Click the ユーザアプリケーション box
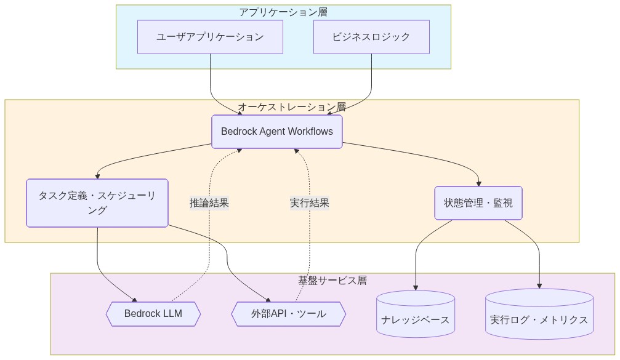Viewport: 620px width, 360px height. click(x=210, y=37)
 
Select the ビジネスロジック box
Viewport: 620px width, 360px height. click(x=371, y=37)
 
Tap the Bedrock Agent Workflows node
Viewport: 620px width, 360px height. click(x=277, y=132)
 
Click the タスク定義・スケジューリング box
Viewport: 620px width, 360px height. click(x=97, y=203)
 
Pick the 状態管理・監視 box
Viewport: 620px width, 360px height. click(x=478, y=203)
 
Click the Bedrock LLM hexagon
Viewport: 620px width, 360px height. click(x=153, y=314)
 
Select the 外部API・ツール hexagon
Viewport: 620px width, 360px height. click(x=288, y=314)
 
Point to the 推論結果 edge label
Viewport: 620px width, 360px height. click(x=209, y=202)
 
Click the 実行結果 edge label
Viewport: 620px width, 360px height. click(x=310, y=202)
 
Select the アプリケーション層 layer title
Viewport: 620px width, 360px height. click(x=283, y=12)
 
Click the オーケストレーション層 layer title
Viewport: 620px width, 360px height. click(x=292, y=106)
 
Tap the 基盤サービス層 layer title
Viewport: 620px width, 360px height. click(x=332, y=280)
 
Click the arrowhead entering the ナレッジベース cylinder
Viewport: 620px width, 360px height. click(x=416, y=287)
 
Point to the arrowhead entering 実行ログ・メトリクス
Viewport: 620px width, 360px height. click(x=539, y=286)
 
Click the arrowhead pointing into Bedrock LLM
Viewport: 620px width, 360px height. click(x=134, y=298)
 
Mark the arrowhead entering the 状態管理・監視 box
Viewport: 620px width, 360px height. click(x=478, y=183)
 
